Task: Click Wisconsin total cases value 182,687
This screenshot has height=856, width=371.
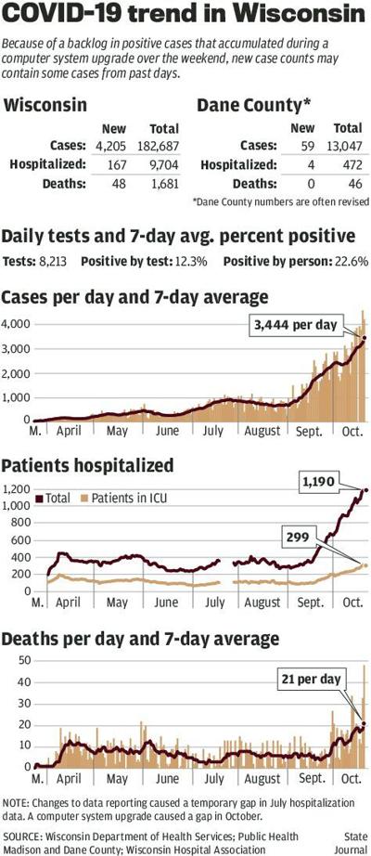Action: [159, 145]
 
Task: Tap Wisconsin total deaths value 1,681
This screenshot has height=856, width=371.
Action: [162, 184]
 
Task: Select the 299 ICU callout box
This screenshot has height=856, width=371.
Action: [301, 536]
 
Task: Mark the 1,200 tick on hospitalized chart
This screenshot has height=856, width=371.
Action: [16, 489]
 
